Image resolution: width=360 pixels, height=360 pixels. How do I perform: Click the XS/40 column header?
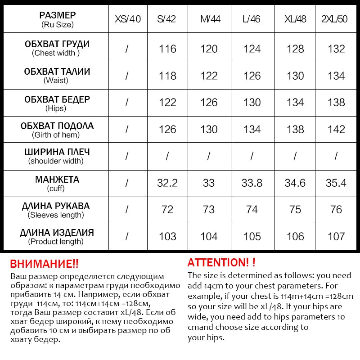[128, 19]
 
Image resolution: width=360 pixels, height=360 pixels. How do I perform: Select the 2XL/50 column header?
[336, 19]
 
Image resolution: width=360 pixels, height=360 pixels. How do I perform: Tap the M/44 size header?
[210, 19]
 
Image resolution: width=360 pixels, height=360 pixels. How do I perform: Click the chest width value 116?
[167, 49]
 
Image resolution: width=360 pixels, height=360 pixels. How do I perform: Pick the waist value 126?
[252, 76]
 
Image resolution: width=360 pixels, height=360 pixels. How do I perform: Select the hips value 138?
[336, 103]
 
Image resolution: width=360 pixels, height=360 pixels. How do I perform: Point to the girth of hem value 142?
[336, 130]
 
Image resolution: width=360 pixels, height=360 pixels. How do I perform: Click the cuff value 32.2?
[167, 183]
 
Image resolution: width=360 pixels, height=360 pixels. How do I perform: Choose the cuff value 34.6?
[295, 183]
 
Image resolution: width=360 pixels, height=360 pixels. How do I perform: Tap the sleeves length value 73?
[209, 210]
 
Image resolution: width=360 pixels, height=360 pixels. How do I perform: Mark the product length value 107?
[336, 236]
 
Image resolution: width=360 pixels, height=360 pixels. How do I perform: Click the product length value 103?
[167, 236]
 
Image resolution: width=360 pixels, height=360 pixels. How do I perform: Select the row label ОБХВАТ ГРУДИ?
[57, 44]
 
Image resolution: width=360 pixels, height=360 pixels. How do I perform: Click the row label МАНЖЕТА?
[57, 180]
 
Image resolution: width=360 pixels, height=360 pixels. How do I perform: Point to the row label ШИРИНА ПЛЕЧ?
[57, 152]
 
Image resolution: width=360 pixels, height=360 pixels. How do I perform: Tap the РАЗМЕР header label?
[57, 16]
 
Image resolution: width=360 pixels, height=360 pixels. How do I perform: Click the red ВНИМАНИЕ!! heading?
[44, 264]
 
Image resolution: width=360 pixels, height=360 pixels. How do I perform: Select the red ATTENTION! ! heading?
[221, 262]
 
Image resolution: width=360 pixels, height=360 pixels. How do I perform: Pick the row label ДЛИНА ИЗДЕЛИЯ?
[57, 233]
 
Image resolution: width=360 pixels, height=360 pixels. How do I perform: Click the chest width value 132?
[336, 49]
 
